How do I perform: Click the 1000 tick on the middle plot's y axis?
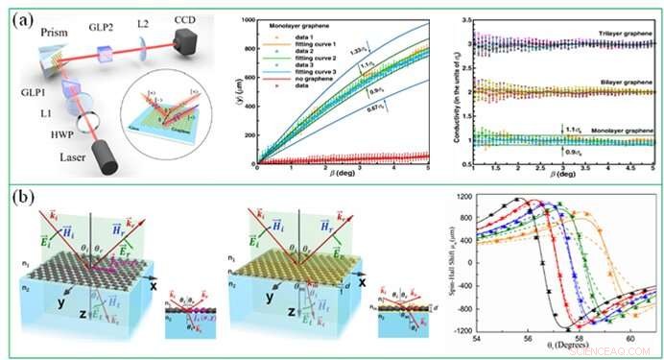pyautogui.click(x=248, y=20)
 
